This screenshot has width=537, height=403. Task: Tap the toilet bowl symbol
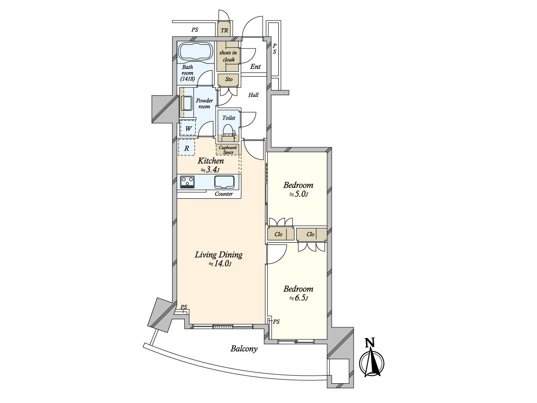click(x=228, y=130)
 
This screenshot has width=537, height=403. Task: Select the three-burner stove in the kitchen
click(x=188, y=182)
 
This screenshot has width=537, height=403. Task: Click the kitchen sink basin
click(x=224, y=182)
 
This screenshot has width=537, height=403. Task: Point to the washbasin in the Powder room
click(x=187, y=103)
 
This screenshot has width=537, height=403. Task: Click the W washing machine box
click(x=188, y=129)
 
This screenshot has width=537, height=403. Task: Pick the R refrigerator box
click(x=187, y=148)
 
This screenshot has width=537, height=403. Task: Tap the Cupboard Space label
click(x=227, y=150)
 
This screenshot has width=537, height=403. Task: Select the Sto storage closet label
click(x=229, y=79)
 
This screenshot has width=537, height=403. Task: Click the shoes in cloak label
click(x=228, y=56)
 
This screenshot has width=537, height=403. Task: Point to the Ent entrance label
click(x=255, y=66)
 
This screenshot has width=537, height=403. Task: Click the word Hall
click(x=253, y=94)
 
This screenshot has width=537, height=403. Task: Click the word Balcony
click(x=244, y=349)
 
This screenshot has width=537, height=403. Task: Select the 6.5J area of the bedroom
click(x=298, y=299)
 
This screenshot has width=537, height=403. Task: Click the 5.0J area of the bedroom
click(x=298, y=194)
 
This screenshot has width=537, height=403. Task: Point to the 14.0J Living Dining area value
click(x=219, y=264)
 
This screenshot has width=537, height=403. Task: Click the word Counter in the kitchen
click(x=224, y=194)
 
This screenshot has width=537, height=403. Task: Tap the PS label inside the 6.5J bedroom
click(x=276, y=322)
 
